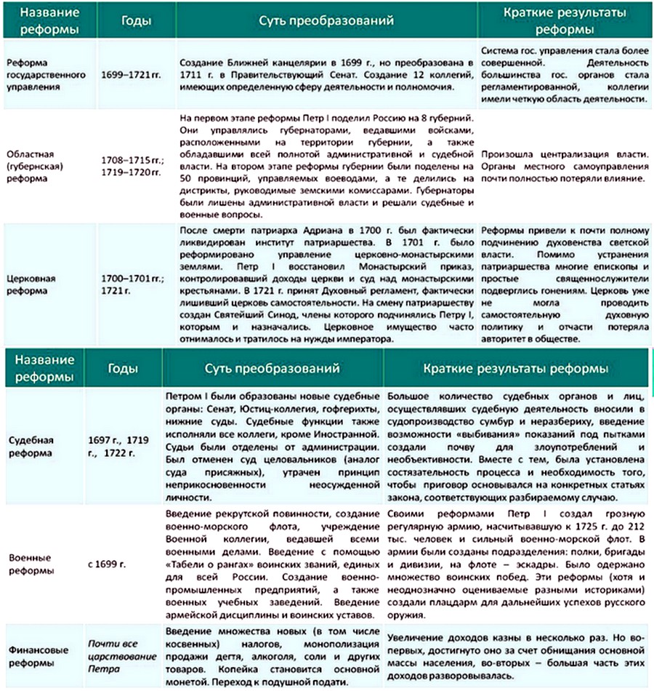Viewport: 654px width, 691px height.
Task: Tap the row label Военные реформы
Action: tap(32, 564)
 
